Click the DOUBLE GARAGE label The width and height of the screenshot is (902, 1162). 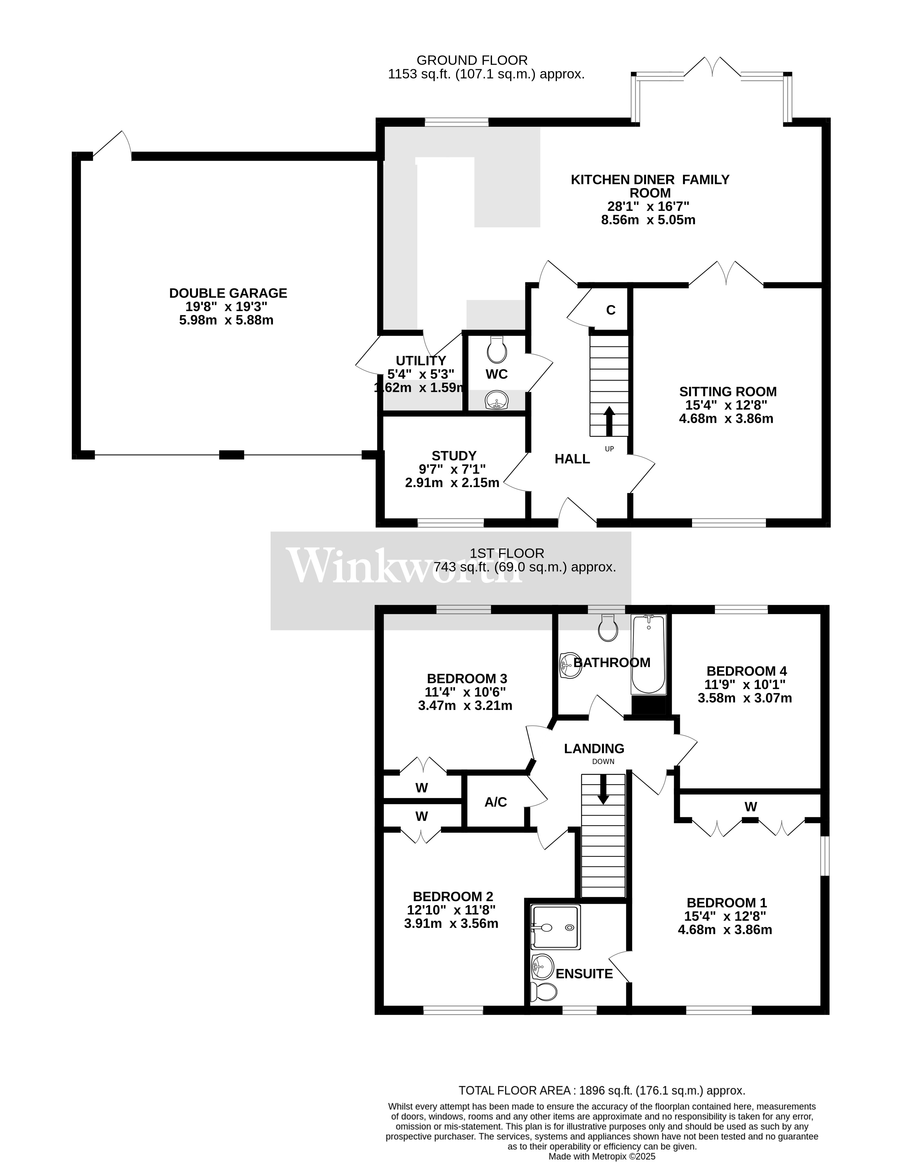(x=228, y=293)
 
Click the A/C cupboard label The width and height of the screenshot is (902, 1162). (x=496, y=802)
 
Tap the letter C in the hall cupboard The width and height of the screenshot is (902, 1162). (x=611, y=310)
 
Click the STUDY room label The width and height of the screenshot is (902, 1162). (x=454, y=456)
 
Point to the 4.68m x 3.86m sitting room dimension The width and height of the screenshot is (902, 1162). (x=726, y=419)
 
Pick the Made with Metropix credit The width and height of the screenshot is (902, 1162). (x=602, y=1156)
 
